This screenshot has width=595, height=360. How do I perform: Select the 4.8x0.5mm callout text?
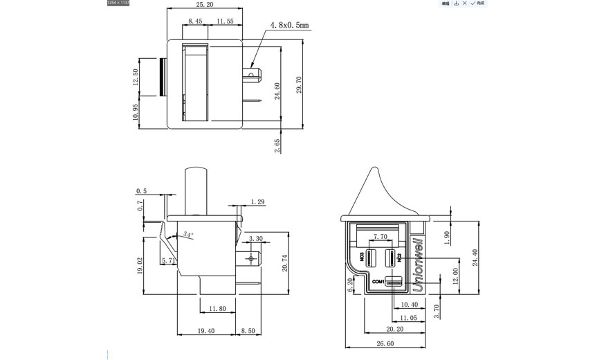[x=289, y=26]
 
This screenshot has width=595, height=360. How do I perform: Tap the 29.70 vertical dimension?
[x=300, y=89]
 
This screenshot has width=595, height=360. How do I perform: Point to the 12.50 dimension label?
[x=136, y=77]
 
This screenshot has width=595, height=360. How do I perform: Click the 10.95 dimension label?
[x=136, y=111]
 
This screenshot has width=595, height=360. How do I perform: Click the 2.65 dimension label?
[x=277, y=145]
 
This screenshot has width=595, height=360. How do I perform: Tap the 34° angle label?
[x=188, y=235]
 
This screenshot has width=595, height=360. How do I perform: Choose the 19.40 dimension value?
[x=205, y=332]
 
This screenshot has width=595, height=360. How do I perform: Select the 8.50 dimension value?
[x=248, y=332]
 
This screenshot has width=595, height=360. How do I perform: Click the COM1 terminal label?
[x=377, y=282]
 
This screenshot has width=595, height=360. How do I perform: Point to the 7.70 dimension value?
[x=380, y=236]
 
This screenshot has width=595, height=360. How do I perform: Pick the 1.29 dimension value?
[x=257, y=201]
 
